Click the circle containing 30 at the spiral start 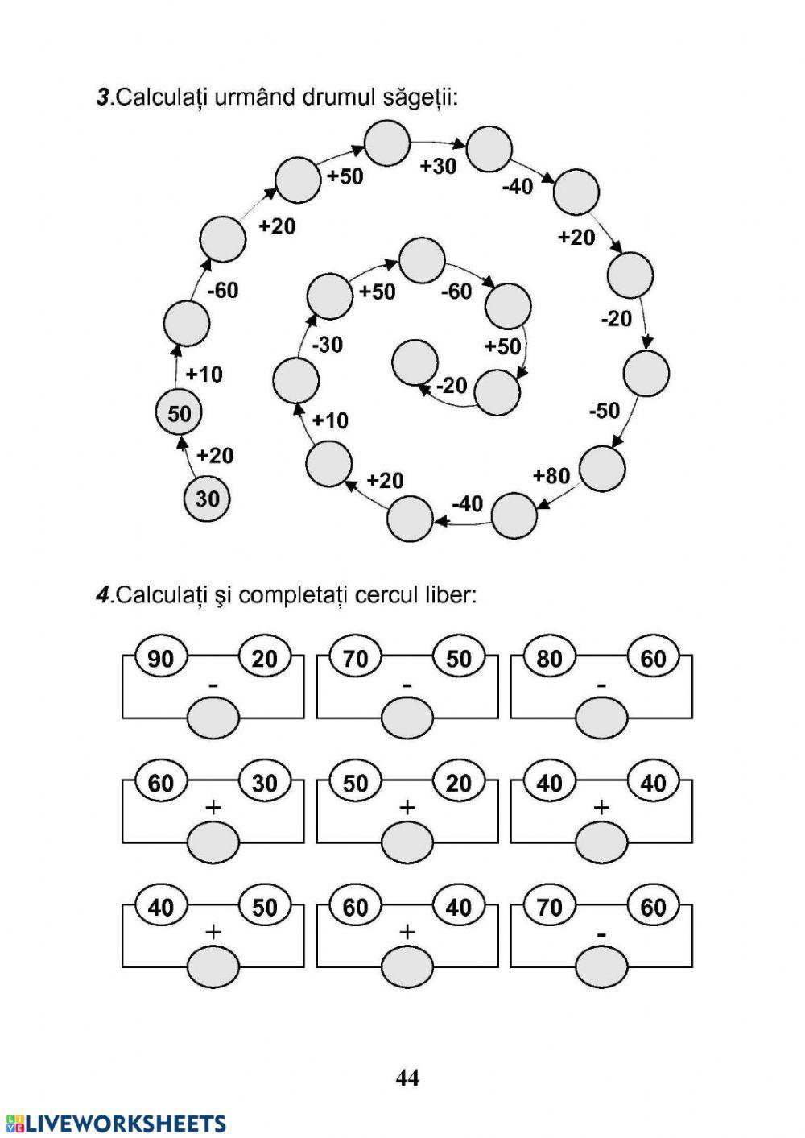(207, 499)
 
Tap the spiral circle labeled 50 (179, 413)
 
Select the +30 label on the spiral (438, 166)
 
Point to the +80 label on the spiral (551, 475)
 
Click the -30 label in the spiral (327, 345)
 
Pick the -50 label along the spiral (605, 410)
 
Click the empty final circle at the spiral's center (415, 362)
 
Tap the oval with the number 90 (161, 659)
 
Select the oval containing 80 (550, 659)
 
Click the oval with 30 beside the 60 (265, 783)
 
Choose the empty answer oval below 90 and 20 (213, 718)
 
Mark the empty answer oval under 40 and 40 (601, 842)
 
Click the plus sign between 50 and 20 (407, 807)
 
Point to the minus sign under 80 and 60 (601, 686)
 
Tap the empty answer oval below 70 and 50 (407, 718)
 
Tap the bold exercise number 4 (102, 594)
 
